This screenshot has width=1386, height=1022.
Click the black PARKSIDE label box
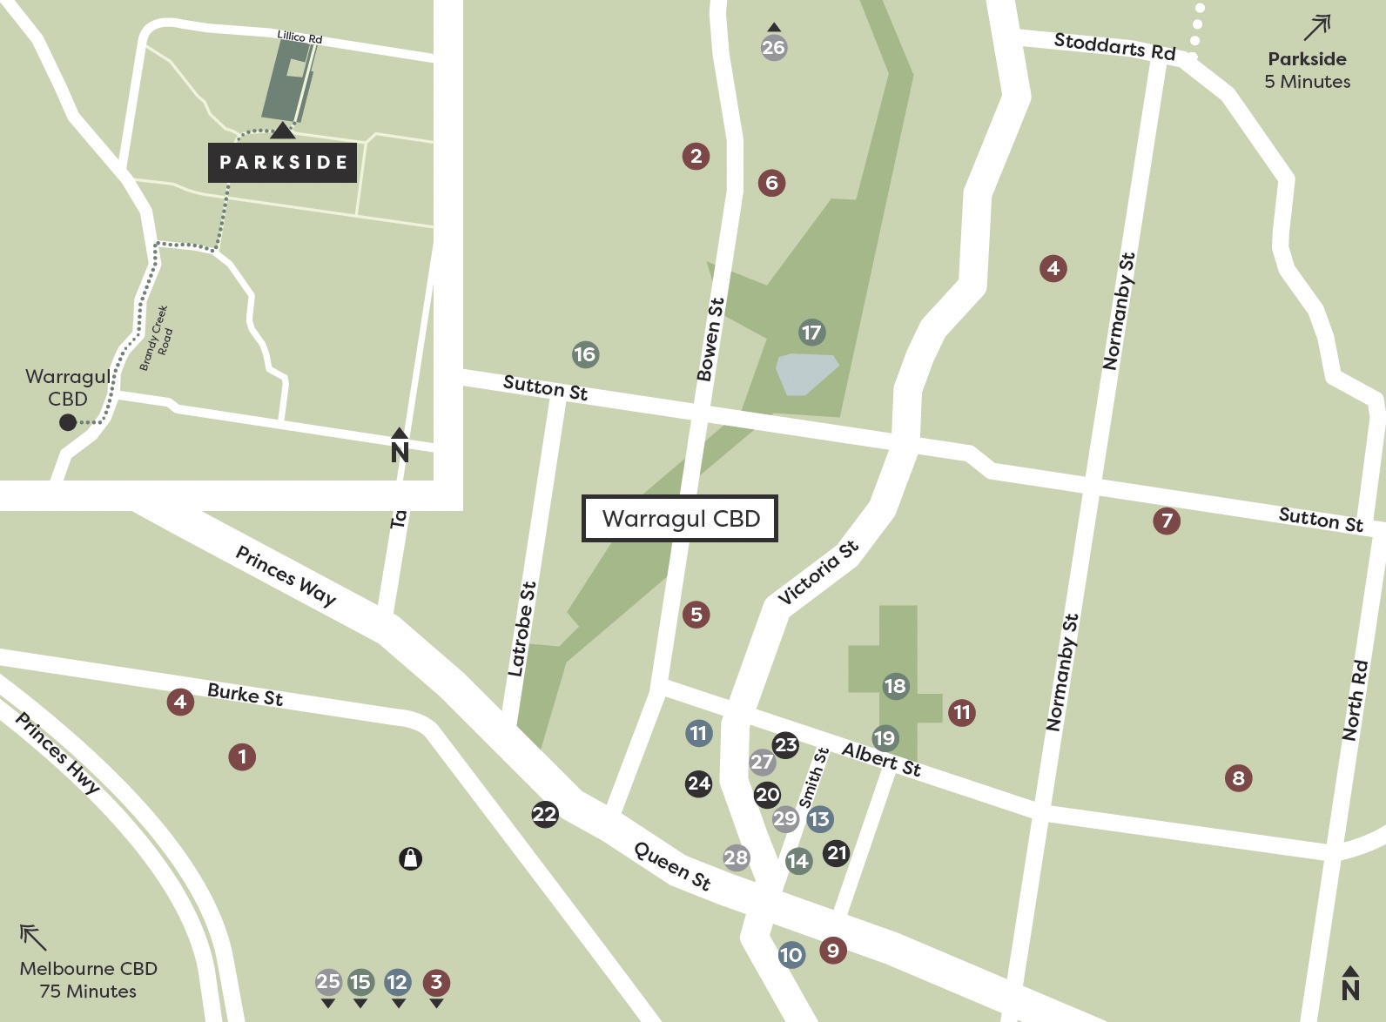(282, 163)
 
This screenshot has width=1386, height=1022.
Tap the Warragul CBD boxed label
(680, 519)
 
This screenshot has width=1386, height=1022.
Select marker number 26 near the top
(773, 48)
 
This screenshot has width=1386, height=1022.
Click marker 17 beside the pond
(811, 333)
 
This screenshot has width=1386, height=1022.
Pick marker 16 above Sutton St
(585, 354)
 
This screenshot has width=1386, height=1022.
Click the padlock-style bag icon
(410, 859)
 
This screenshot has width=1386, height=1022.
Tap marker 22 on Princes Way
(545, 815)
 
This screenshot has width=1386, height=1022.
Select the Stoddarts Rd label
(1114, 45)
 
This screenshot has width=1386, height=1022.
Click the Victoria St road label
(818, 572)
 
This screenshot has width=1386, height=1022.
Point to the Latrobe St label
(521, 629)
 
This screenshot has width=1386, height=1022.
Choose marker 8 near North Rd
(1238, 777)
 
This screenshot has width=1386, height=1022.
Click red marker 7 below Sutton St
(1167, 521)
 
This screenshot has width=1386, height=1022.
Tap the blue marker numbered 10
(791, 955)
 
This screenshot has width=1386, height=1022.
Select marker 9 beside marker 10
(833, 950)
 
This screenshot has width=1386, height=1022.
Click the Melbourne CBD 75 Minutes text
(88, 979)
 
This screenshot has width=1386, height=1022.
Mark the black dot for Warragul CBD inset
(68, 422)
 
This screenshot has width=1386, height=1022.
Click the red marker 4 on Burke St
(180, 702)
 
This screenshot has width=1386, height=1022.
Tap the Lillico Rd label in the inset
(299, 37)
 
